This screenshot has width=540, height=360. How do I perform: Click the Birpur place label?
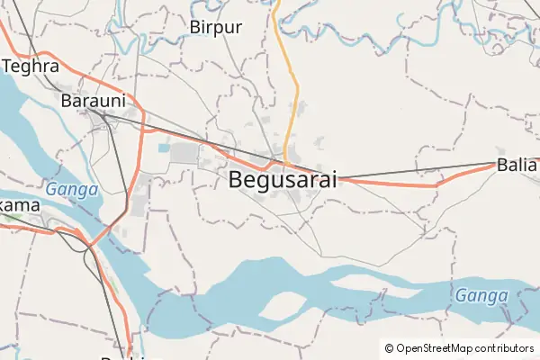pos(216,27)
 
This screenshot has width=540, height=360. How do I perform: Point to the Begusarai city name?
pos(283,179)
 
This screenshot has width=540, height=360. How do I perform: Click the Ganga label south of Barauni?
pos(66,190)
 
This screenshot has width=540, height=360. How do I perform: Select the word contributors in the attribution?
pos(505,348)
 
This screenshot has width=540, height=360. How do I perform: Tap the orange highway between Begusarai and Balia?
pos(396,184)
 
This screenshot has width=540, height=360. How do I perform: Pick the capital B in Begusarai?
pos(237,179)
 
